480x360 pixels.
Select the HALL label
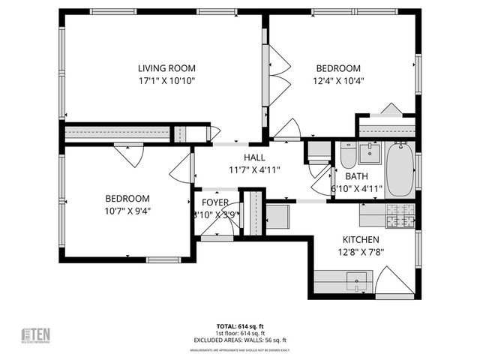pos(253,157)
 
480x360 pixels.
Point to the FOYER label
pos(214,202)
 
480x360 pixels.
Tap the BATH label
pos(357,176)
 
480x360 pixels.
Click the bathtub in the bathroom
pos(399,170)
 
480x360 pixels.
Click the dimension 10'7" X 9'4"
pos(127,211)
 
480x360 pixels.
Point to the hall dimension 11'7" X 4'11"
pos(253,170)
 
